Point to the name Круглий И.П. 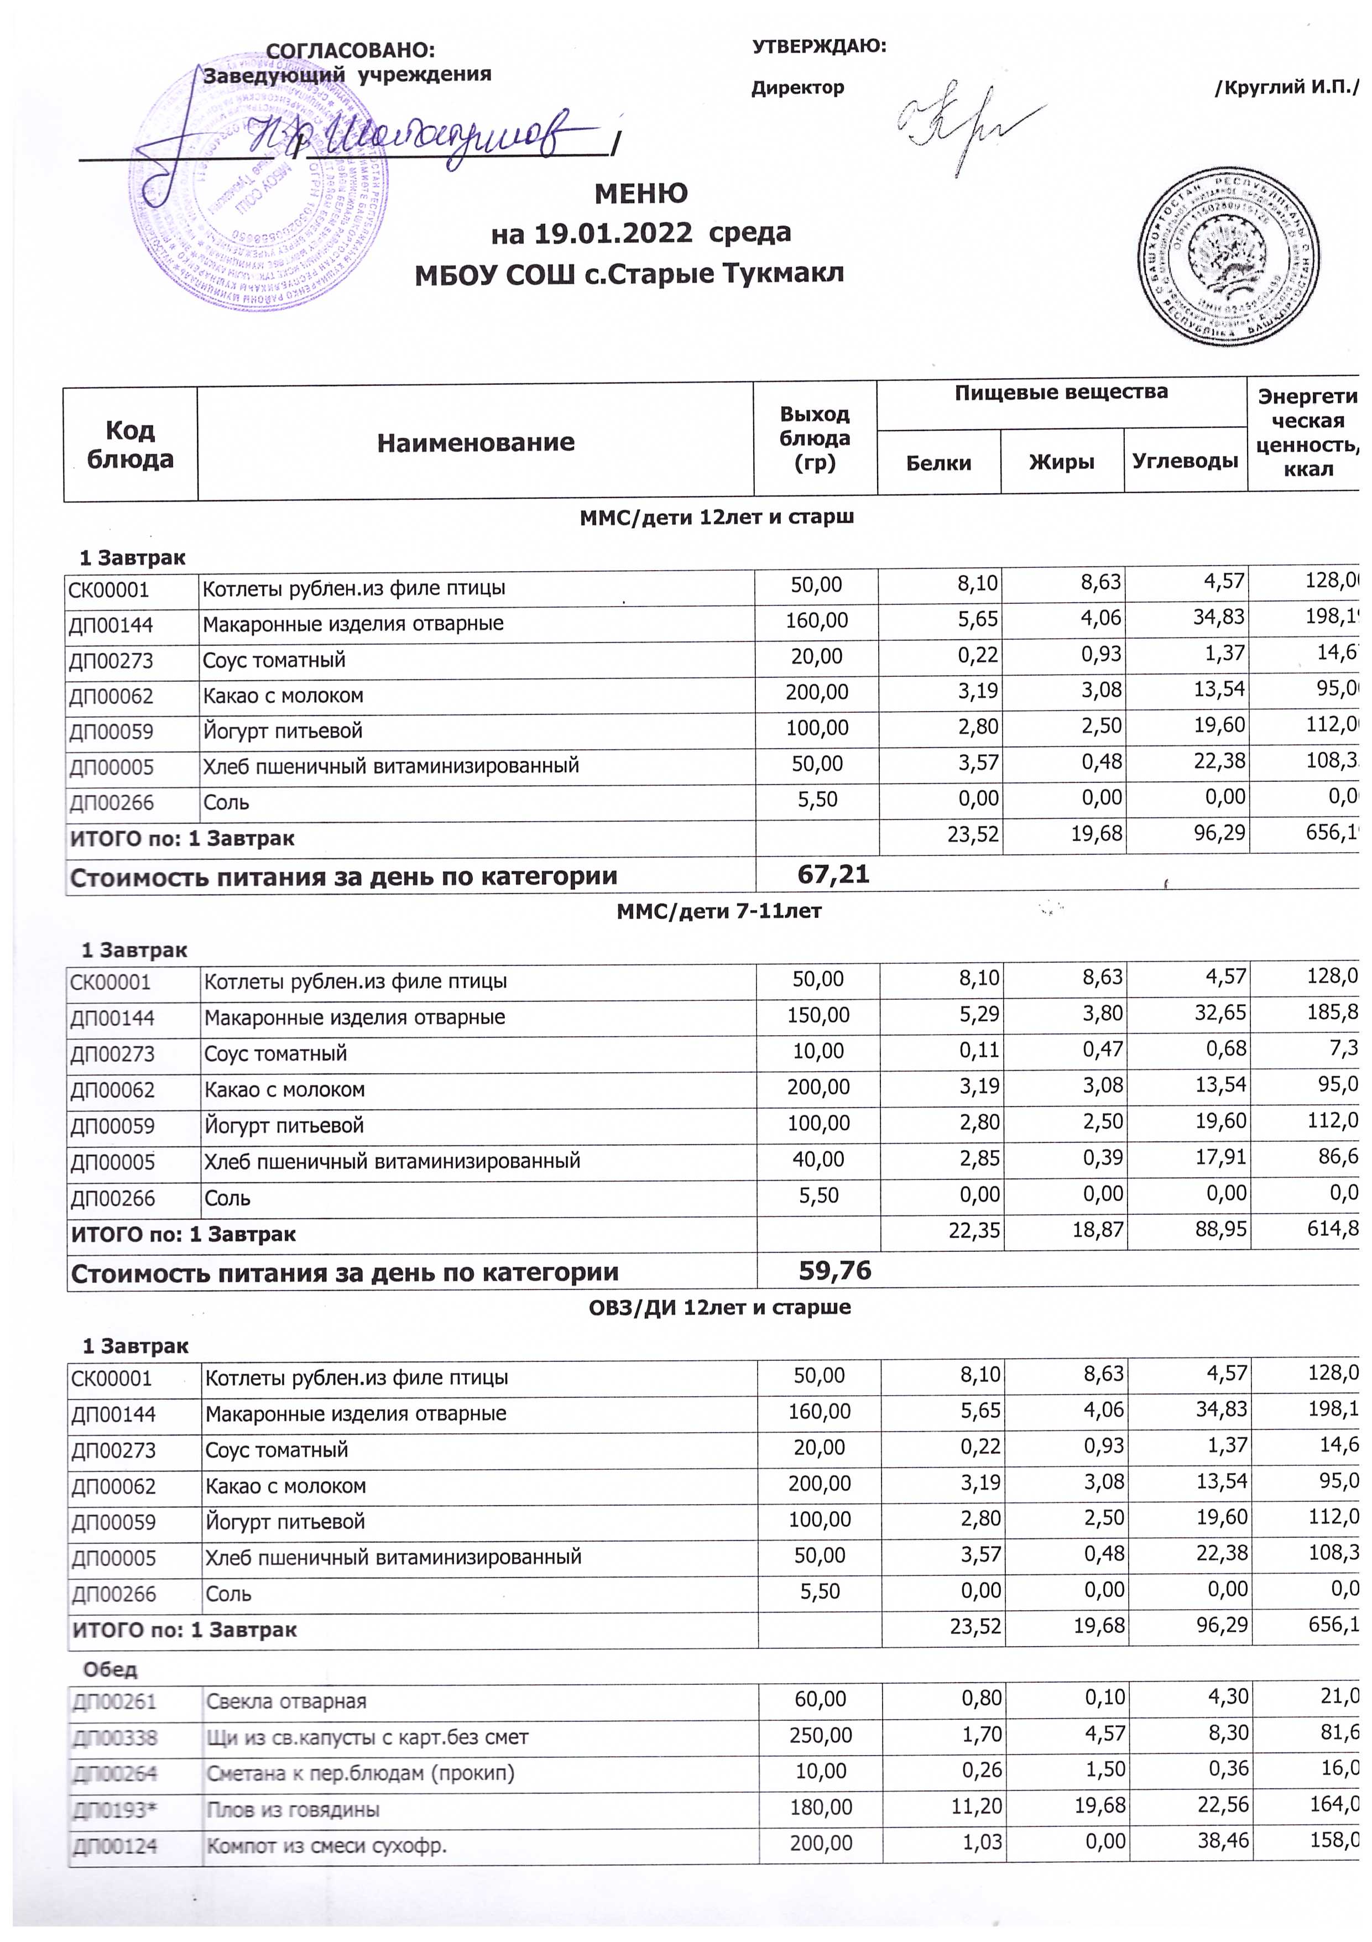click(1286, 88)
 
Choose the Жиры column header click(1062, 462)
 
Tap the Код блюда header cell click(131, 444)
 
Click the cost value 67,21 click(833, 875)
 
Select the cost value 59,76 click(835, 1270)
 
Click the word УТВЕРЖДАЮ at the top click(819, 46)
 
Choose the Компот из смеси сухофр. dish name click(326, 1846)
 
